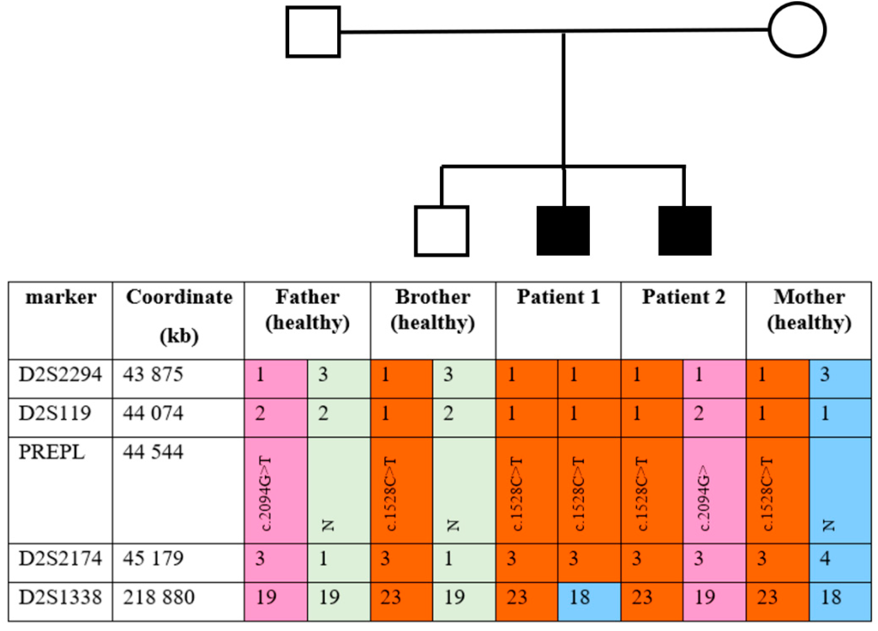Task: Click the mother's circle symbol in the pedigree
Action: (797, 30)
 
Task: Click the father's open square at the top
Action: (313, 32)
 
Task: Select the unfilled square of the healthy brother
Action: (441, 231)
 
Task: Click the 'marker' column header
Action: (61, 298)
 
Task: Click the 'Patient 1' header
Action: (558, 298)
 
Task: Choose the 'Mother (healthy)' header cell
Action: (809, 310)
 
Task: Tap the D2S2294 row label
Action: (61, 375)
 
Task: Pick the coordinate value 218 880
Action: (159, 597)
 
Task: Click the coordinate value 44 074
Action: (153, 413)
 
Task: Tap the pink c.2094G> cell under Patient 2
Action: (714, 491)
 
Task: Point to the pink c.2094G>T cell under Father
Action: (276, 491)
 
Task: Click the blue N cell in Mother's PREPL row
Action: (840, 491)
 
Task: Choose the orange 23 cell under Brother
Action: (401, 597)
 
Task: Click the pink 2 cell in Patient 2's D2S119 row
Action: (714, 413)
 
